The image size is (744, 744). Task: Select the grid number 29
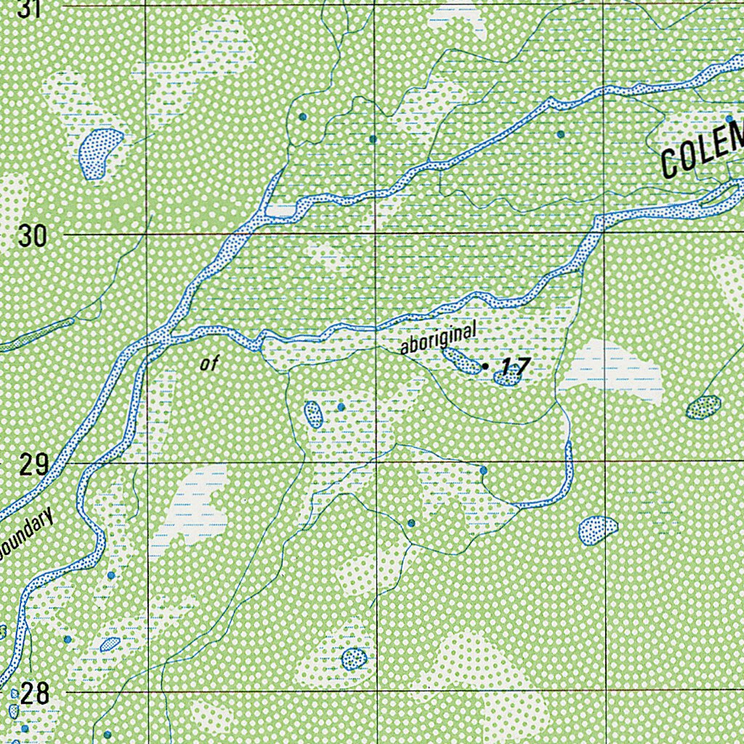pyautogui.click(x=33, y=464)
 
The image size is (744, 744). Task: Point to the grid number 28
pyautogui.click(x=34, y=694)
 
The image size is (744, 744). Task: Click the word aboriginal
pyautogui.click(x=439, y=339)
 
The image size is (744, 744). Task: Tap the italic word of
pyautogui.click(x=209, y=365)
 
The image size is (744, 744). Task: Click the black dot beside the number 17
pyautogui.click(x=485, y=366)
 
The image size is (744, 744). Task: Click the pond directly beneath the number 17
pyautogui.click(x=507, y=377)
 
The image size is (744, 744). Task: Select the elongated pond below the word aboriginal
pyautogui.click(x=461, y=360)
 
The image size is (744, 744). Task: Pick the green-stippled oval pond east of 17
pyautogui.click(x=703, y=407)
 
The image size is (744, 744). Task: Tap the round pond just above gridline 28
pyautogui.click(x=354, y=659)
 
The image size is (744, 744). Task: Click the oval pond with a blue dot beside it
pyautogui.click(x=313, y=414)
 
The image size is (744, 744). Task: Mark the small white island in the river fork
pyautogui.click(x=280, y=211)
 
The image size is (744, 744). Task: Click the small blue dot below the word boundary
pyautogui.click(x=110, y=575)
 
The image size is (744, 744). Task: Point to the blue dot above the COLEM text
pyautogui.click(x=729, y=118)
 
